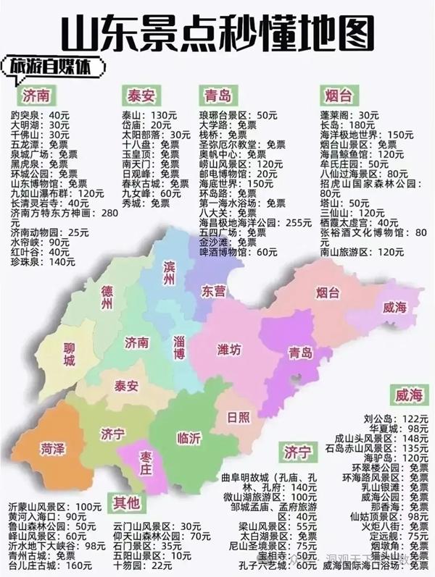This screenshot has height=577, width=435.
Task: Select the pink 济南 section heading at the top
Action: (x=36, y=96)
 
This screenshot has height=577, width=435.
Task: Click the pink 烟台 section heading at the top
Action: (x=335, y=96)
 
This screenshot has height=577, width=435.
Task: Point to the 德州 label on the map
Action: (x=107, y=298)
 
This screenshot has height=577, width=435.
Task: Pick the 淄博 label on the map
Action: (x=181, y=348)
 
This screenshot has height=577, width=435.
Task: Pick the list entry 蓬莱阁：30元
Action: (x=349, y=115)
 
